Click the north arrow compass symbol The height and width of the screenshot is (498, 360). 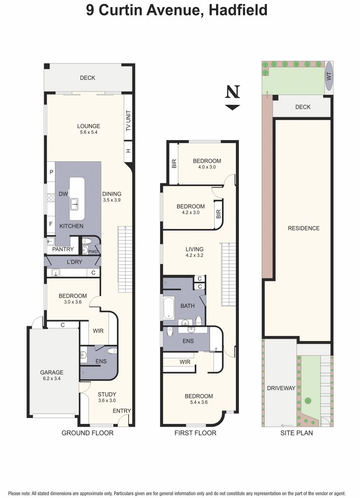(x=232, y=97)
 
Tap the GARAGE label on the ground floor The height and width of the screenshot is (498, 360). (x=52, y=372)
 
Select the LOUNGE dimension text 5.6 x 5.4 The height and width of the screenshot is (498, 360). (x=89, y=132)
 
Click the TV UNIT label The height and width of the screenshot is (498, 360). (x=128, y=120)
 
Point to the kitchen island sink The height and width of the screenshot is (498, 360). (x=74, y=204)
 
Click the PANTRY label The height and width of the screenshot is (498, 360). (x=63, y=249)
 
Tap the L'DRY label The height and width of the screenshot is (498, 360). (x=74, y=262)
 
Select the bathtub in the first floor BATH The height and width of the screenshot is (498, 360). (x=169, y=308)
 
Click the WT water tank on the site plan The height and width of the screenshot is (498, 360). (x=329, y=76)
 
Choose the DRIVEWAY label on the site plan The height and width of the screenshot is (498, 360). (x=281, y=388)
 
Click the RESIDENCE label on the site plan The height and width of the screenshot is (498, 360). (x=304, y=228)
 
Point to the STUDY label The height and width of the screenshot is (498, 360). (x=107, y=395)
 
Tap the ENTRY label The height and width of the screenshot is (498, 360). (x=122, y=411)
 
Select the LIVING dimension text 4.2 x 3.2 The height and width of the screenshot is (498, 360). (x=194, y=256)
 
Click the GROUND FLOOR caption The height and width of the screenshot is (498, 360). (x=87, y=433)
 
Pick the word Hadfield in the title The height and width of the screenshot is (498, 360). (x=238, y=10)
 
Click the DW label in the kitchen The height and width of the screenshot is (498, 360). (x=63, y=194)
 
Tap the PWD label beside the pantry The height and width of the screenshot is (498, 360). (x=93, y=252)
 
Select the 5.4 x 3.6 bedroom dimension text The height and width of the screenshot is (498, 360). (x=199, y=402)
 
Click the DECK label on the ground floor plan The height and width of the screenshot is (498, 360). (x=87, y=78)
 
